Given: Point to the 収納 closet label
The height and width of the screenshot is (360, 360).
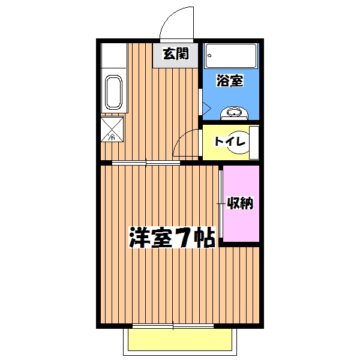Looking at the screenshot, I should point(239,204).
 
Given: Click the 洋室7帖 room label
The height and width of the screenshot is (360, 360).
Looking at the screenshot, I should point(172,238).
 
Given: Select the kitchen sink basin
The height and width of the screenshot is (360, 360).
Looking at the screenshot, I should point(113,92).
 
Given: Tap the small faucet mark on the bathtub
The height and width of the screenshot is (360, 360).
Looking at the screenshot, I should point(210,56).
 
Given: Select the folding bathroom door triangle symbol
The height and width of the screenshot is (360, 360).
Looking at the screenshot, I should point(205,108).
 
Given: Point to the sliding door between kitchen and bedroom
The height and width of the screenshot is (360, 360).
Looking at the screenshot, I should point(147,162).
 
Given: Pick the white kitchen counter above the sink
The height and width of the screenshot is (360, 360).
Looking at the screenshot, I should point(113,56).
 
